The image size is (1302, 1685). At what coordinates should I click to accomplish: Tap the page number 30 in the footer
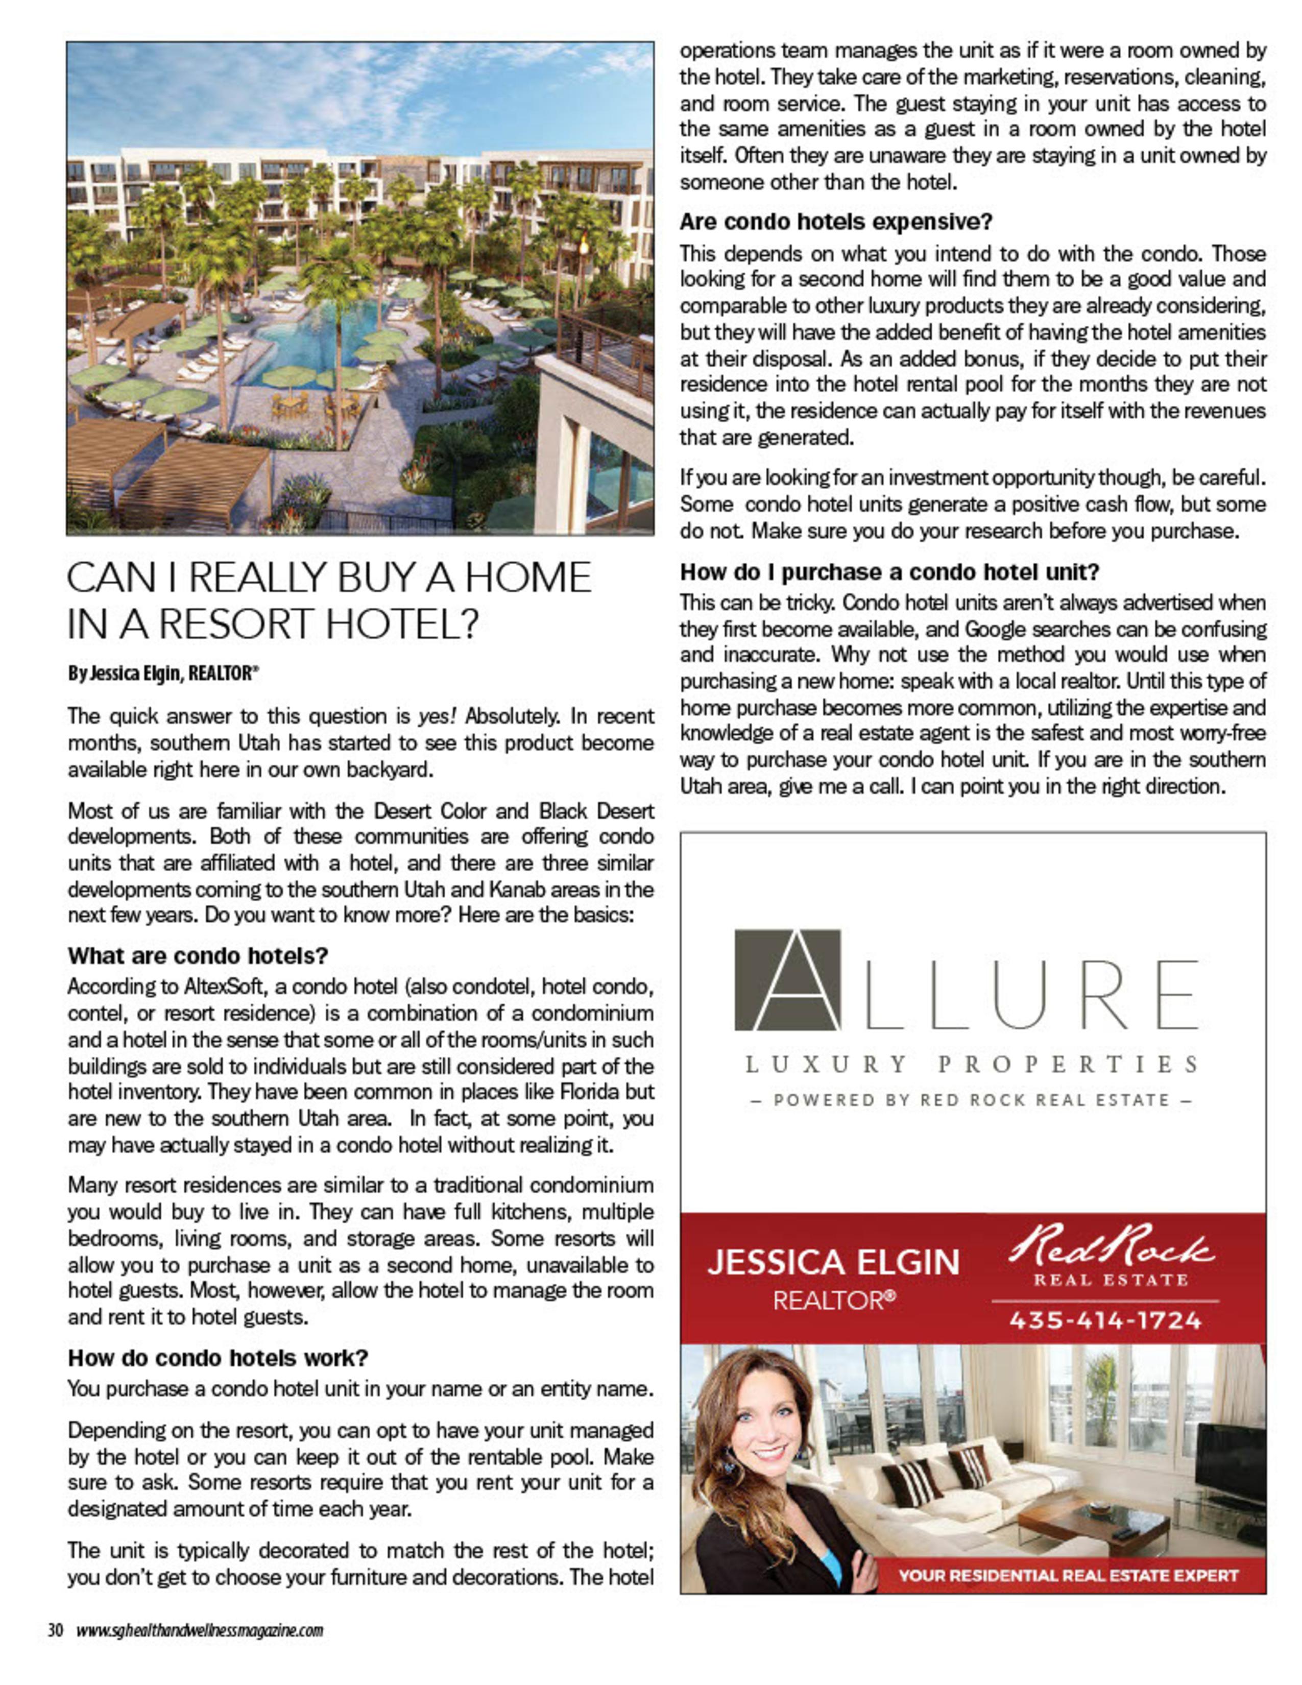[56, 1630]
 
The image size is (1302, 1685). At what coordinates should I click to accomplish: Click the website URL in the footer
[199, 1630]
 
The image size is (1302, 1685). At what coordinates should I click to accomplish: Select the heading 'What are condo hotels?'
[198, 956]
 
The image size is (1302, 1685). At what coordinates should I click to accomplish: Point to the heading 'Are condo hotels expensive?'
[835, 222]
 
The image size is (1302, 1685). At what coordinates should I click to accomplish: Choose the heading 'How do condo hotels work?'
[218, 1358]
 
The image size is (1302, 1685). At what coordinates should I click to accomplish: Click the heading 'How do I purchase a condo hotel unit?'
[888, 572]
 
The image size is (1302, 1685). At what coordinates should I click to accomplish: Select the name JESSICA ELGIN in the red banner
[833, 1263]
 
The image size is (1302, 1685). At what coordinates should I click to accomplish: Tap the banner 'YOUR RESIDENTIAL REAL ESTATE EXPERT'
[1068, 1575]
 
